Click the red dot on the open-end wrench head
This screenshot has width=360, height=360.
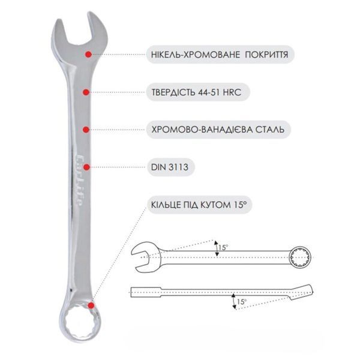tap(88, 55)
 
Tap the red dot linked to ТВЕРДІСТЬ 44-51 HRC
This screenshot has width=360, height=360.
tap(86, 92)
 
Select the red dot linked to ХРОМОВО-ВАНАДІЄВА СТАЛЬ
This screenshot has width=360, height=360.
tap(86, 130)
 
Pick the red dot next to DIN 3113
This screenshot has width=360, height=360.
tap(86, 167)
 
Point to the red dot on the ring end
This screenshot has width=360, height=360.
tap(91, 305)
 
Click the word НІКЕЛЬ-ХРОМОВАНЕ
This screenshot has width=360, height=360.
tap(196, 55)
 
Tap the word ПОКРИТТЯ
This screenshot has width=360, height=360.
tap(266, 55)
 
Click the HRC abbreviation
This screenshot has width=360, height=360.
tap(232, 92)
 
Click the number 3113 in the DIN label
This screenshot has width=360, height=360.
tap(179, 167)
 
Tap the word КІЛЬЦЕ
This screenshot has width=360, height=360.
tap(166, 205)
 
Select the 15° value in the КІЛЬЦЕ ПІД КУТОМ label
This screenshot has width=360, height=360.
tap(240, 205)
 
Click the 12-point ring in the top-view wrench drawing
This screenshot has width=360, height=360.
tap(300, 257)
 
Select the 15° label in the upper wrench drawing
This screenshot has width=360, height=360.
tap(223, 247)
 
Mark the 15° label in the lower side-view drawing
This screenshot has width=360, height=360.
tap(242, 302)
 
